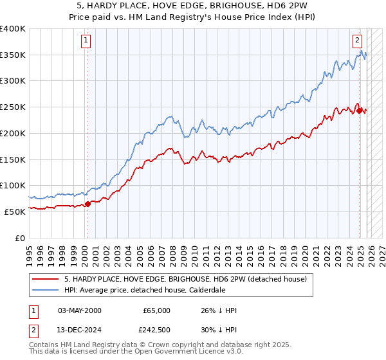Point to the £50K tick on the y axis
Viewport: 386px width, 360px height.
tap(15, 212)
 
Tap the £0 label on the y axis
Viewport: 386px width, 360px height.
tap(21, 238)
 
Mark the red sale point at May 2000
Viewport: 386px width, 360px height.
tap(87, 204)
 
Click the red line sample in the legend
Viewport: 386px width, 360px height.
tap(46, 279)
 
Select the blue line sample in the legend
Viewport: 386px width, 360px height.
tap(46, 290)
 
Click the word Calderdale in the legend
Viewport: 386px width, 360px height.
tap(205, 290)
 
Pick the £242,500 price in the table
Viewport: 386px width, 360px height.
tap(157, 328)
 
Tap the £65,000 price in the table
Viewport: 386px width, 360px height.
tap(157, 310)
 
